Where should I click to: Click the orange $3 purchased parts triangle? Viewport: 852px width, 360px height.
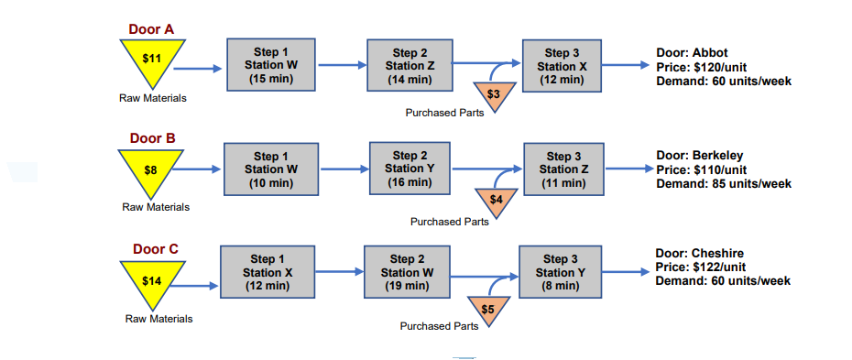click(494, 93)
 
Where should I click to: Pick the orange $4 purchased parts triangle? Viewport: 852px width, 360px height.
click(497, 199)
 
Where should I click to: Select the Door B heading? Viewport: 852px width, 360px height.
click(152, 138)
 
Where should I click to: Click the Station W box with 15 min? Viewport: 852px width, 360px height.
click(271, 65)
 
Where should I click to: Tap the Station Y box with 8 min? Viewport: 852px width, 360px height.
click(562, 272)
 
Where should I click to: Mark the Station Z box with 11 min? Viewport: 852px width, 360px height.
click(563, 170)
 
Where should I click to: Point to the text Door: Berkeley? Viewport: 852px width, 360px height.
click(699, 155)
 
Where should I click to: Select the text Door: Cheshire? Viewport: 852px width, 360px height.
click(698, 253)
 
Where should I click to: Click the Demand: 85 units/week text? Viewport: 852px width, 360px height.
click(724, 184)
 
